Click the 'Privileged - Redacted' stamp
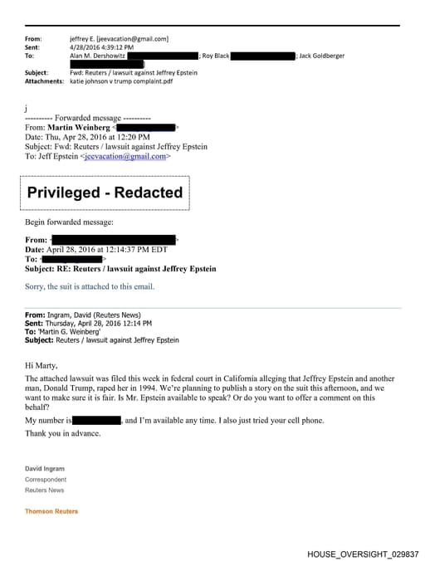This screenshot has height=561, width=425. point(105,193)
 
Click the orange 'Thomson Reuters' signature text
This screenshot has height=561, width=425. point(51,511)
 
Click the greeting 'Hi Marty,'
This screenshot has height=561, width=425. point(42,365)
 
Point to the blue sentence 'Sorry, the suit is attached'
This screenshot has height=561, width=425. point(90,286)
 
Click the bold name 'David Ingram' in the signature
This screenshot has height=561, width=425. point(45,469)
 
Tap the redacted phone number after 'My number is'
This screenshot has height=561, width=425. point(98,421)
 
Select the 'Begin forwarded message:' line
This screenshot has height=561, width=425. point(69,222)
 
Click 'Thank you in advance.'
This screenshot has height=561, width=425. point(63,433)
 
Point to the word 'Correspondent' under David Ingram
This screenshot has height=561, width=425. point(46,480)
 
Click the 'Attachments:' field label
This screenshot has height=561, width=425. point(44,81)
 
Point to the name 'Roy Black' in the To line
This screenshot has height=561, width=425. point(213,56)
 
